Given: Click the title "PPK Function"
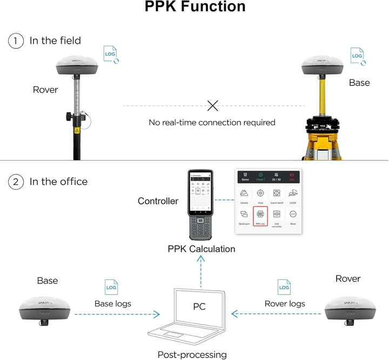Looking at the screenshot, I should [194, 8].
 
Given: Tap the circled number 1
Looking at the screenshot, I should [16, 40].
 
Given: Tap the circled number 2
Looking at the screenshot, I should [16, 181].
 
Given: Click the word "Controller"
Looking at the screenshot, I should [158, 201].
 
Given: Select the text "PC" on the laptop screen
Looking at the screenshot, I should [200, 306].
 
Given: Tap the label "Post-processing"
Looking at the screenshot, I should [192, 355].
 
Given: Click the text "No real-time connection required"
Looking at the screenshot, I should [212, 123].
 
